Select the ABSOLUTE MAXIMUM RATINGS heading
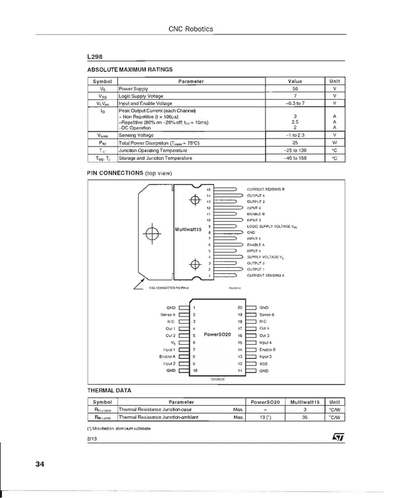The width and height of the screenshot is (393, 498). tap(130, 70)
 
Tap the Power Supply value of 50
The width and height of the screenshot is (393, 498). tap(295, 89)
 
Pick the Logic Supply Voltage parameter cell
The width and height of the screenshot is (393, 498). tap(141, 96)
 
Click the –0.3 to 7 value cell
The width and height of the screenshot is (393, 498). tap(295, 103)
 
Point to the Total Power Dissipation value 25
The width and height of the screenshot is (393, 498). tap(295, 142)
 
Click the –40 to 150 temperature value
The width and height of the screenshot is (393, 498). tap(295, 158)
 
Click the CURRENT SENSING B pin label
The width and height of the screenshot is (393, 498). tap(265, 189)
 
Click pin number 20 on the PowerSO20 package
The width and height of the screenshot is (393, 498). tap(240, 307)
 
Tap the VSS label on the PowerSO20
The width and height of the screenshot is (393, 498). tap(264, 364)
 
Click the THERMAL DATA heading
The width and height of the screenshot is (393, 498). tap(109, 390)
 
